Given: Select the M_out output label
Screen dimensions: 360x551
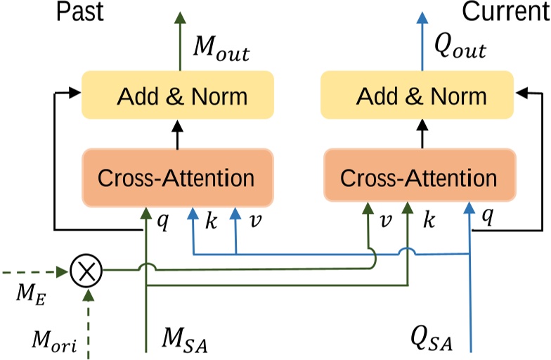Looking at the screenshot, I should tap(221, 51).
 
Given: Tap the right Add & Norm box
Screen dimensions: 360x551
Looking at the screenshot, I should tap(420, 95).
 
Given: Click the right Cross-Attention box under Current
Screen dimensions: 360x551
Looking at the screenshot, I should tap(420, 177).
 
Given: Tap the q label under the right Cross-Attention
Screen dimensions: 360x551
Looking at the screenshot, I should tap(486, 219).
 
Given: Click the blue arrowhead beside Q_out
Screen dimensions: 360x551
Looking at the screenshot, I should tap(422, 18).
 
